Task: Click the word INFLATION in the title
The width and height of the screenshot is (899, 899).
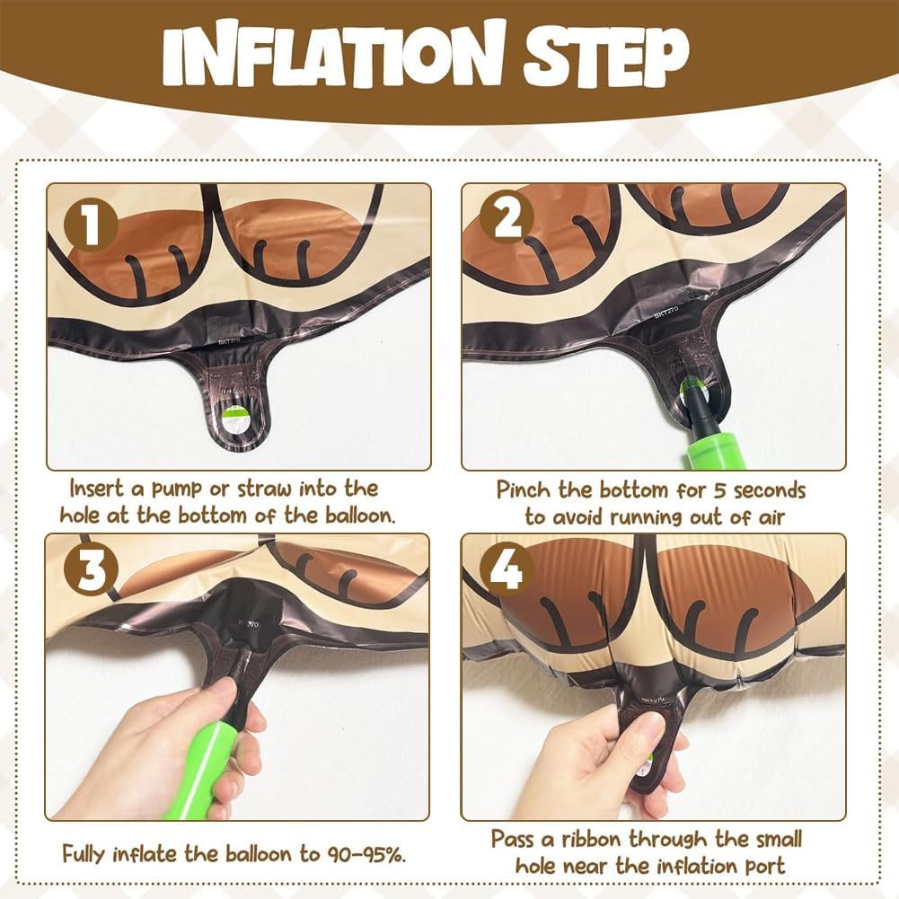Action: coord(332,53)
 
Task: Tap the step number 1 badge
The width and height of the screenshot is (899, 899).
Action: coord(91,225)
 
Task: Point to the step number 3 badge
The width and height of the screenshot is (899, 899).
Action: coord(91,570)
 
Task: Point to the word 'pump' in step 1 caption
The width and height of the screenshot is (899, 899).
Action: coord(177,489)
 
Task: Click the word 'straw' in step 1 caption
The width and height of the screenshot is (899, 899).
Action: coord(265,489)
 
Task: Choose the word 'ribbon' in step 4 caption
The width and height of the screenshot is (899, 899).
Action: coord(592,839)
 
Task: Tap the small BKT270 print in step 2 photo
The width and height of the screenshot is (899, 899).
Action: coord(666,312)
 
